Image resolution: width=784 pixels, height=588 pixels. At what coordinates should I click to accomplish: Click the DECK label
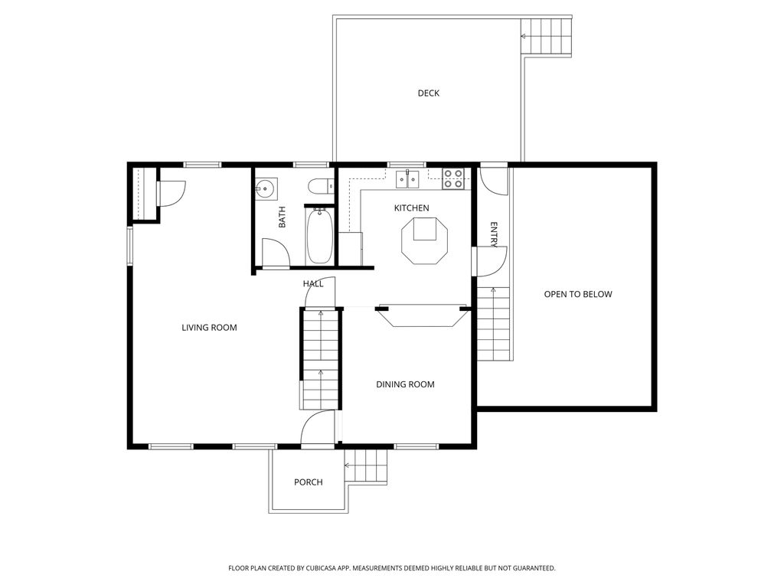pos(429,93)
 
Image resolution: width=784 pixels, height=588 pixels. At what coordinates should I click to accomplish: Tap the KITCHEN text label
pos(411,208)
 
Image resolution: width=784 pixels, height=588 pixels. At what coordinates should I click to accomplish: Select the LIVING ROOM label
pos(209,328)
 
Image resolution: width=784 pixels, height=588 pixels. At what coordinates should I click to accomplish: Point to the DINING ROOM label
pos(405,384)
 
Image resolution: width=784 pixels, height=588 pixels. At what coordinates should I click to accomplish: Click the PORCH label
pos(309,482)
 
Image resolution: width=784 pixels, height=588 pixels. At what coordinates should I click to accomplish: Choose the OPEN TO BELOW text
pos(578,294)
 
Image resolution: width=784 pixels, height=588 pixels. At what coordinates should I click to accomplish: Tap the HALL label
pos(312,284)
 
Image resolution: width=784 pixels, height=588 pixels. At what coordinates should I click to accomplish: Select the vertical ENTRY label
pos(494,234)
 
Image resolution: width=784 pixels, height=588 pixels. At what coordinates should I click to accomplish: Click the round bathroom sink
pos(266,188)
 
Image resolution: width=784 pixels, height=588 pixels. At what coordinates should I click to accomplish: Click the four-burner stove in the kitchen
pos(452,179)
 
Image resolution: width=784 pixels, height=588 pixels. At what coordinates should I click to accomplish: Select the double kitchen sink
pos(407,180)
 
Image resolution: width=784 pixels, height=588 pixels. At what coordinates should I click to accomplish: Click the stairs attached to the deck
pos(547,35)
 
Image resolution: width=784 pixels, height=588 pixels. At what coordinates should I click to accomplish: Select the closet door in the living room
pos(170,192)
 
